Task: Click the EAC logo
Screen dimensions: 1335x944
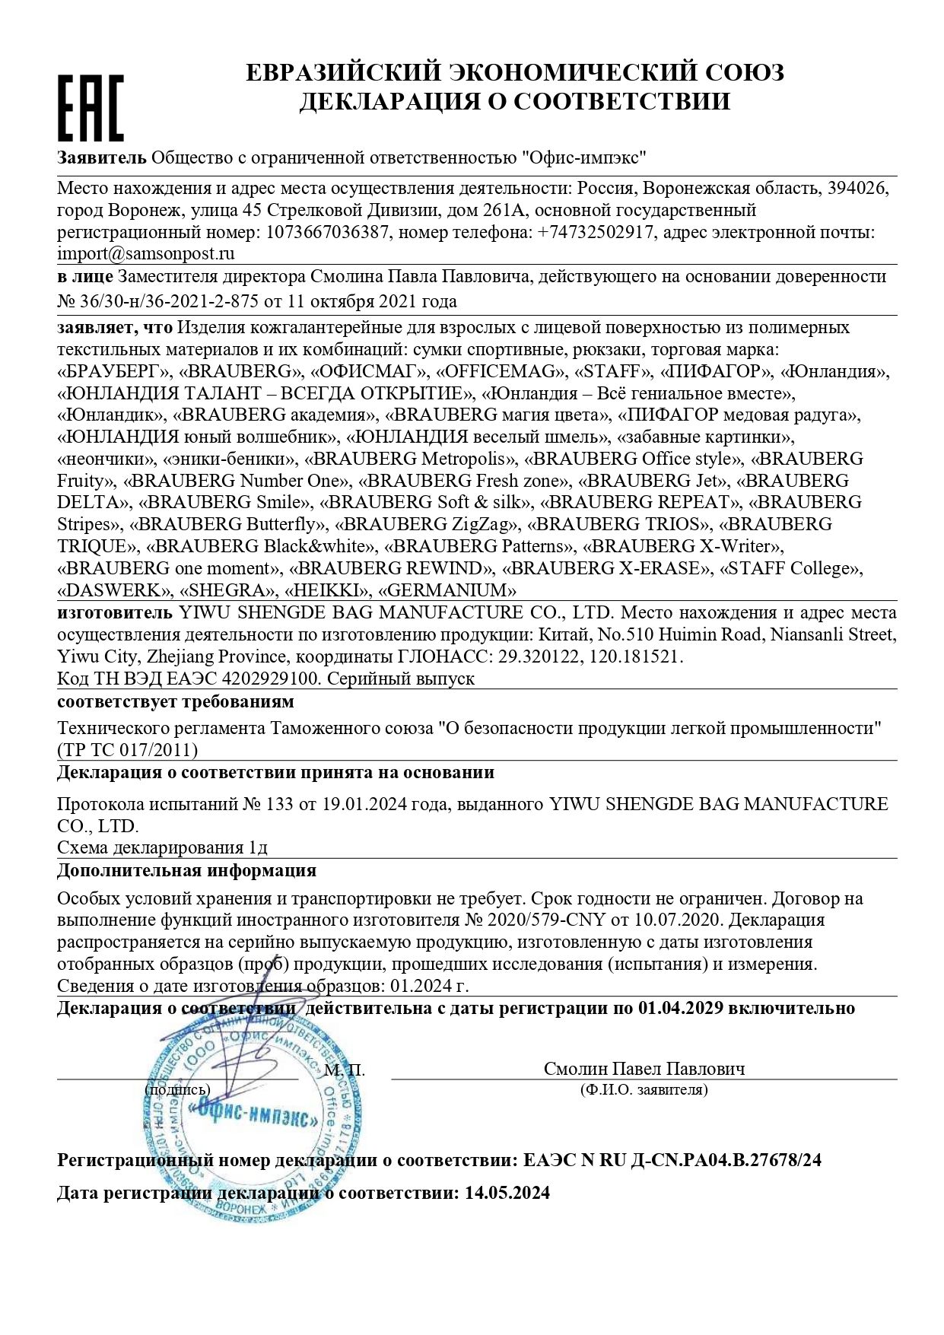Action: pyautogui.click(x=91, y=107)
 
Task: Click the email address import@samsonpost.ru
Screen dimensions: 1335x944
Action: pyautogui.click(x=146, y=253)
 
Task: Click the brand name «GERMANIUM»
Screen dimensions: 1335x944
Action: pyautogui.click(x=447, y=590)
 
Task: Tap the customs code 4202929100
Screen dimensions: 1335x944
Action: pyautogui.click(x=255, y=679)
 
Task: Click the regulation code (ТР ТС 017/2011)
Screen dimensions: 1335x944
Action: pyautogui.click(x=128, y=750)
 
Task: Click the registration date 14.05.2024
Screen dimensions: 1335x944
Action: pyautogui.click(x=507, y=1193)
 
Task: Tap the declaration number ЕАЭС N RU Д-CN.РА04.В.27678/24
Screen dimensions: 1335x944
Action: pyautogui.click(x=672, y=1160)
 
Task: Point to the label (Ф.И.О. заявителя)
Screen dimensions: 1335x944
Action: pyautogui.click(x=644, y=1090)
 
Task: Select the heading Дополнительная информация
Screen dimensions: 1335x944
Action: pyautogui.click(x=187, y=870)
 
